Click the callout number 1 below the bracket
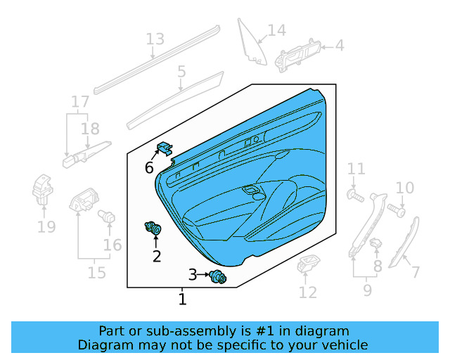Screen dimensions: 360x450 182,300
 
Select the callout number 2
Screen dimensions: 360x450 156,256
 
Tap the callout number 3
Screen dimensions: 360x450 193,274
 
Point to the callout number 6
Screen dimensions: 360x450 149,167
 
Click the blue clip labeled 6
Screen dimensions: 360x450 165,148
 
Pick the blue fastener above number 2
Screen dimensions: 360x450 153,228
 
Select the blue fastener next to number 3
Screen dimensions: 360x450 217,277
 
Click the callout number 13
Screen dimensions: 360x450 155,39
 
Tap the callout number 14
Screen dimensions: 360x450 277,30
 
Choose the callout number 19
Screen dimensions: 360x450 46,226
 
